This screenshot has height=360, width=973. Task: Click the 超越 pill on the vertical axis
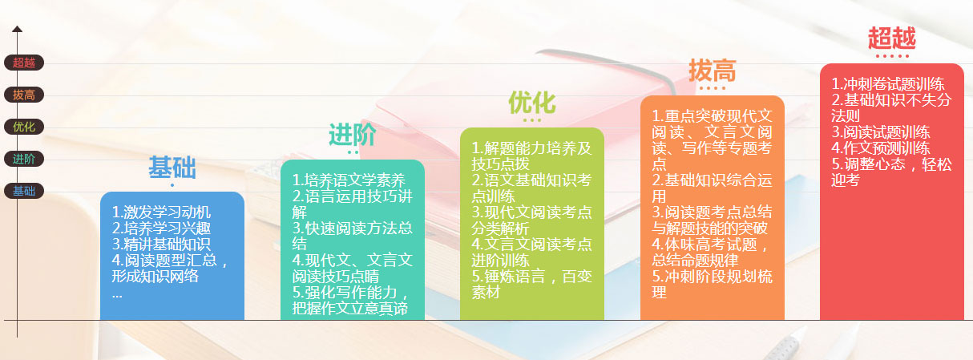pyautogui.click(x=24, y=63)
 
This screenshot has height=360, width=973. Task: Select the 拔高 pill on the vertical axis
pyautogui.click(x=24, y=95)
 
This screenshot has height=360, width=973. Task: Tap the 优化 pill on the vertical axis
pyautogui.click(x=24, y=127)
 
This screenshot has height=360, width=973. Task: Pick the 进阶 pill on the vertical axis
pyautogui.click(x=24, y=159)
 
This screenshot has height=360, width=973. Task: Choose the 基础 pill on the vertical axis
pyautogui.click(x=24, y=191)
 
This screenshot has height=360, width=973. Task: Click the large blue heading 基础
pyautogui.click(x=172, y=168)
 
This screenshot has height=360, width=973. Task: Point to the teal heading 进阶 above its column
pyautogui.click(x=352, y=135)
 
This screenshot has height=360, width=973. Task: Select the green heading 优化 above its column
pyautogui.click(x=531, y=103)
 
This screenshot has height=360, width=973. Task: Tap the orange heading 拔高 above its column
pyautogui.click(x=712, y=71)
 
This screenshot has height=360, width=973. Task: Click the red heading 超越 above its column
pyautogui.click(x=891, y=38)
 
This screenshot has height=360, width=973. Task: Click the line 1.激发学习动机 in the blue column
pyautogui.click(x=161, y=212)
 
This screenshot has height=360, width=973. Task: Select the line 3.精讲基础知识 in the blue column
pyautogui.click(x=161, y=245)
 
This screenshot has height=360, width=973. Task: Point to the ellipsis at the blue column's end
pyautogui.click(x=117, y=293)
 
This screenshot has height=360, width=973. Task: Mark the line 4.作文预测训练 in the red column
pyautogui.click(x=880, y=148)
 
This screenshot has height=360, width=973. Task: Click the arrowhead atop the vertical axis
pyautogui.click(x=17, y=29)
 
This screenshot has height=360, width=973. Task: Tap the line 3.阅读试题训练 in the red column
pyautogui.click(x=880, y=132)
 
